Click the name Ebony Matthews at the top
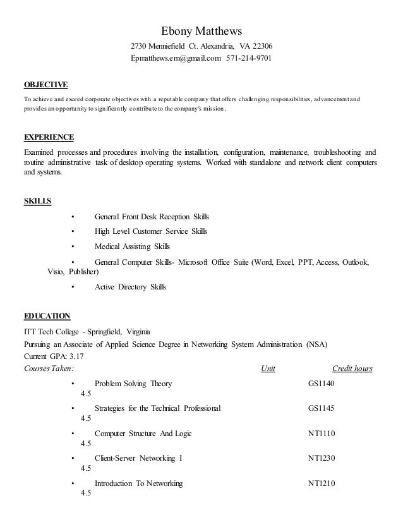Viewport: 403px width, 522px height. click(201, 31)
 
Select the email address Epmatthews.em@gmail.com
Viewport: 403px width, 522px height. click(176, 59)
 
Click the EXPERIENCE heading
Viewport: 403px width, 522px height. click(49, 137)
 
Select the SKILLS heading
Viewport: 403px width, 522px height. click(37, 202)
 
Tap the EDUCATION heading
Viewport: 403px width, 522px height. click(47, 316)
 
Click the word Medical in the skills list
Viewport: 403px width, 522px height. click(108, 246)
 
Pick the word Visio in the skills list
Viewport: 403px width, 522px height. click(56, 274)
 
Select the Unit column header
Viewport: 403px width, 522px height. click(268, 368)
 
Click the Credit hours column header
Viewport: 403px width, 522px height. click(352, 368)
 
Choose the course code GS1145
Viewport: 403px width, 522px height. click(321, 408)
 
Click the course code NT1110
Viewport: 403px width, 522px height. click(321, 434)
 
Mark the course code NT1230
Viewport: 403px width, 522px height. click(321, 459)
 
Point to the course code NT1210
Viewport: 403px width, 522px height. click(321, 484)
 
